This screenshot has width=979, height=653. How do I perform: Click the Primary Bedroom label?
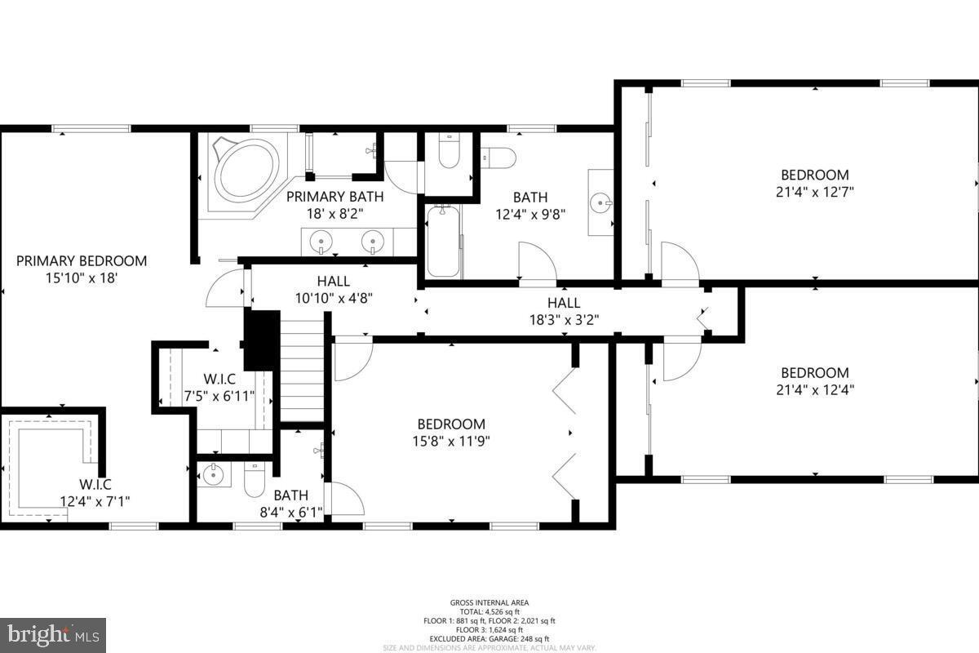(x=82, y=261)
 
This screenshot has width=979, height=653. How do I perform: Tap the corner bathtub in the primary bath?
(x=246, y=170)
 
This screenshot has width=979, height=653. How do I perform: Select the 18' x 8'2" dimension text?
(x=334, y=212)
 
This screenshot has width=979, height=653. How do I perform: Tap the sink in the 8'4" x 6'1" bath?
(x=214, y=473)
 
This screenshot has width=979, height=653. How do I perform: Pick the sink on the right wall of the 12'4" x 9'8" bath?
(x=601, y=201)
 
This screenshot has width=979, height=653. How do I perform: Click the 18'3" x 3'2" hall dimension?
(x=564, y=320)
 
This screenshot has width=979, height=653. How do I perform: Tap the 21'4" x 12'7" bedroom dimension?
(x=815, y=192)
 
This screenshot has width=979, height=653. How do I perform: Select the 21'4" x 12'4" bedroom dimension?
(x=815, y=389)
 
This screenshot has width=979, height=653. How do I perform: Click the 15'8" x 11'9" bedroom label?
(x=451, y=433)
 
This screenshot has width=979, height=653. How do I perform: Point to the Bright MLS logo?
(x=53, y=634)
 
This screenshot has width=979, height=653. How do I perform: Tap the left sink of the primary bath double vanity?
(x=320, y=241)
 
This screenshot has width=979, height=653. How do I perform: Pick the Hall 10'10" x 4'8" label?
(x=334, y=290)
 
